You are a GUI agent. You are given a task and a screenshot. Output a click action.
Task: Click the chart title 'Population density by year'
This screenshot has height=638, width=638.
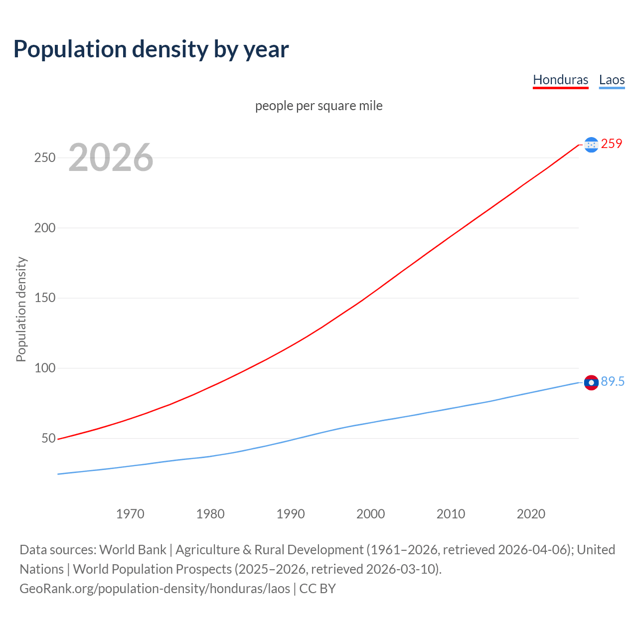tap(151, 49)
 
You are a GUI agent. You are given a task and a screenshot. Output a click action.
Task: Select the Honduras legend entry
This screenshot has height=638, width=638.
tap(560, 80)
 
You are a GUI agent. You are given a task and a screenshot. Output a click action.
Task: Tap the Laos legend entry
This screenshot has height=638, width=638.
tap(612, 80)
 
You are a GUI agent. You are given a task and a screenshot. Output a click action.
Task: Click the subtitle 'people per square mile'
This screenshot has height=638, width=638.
tap(319, 106)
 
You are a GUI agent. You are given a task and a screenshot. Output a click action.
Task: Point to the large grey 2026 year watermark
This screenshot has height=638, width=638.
tap(111, 158)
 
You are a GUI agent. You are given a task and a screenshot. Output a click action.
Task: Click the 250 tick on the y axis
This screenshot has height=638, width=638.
tap(44, 158)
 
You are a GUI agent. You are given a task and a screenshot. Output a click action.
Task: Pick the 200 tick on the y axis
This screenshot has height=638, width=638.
tap(44, 228)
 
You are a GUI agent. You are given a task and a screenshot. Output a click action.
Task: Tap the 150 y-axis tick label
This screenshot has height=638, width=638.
tap(44, 298)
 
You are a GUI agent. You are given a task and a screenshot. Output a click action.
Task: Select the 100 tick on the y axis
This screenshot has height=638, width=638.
tap(44, 368)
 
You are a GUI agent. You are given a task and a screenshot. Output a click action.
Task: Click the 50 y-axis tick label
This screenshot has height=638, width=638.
tap(48, 439)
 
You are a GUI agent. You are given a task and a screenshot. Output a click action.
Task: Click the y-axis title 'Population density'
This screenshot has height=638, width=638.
tap(21, 309)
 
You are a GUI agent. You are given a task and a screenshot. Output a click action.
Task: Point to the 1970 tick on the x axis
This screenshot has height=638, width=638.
tap(130, 514)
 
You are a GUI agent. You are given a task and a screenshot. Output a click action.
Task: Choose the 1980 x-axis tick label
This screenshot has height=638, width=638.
tap(210, 514)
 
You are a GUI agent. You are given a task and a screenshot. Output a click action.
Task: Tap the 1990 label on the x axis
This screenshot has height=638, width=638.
tap(291, 514)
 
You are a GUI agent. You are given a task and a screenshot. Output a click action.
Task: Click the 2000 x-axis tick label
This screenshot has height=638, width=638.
tap(370, 514)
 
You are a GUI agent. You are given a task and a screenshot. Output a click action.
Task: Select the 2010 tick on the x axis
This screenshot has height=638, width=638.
tap(451, 514)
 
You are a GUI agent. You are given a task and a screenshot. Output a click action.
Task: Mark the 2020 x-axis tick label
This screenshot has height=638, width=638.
tap(531, 514)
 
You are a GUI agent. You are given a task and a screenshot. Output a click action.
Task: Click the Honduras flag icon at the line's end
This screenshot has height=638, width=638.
tap(591, 145)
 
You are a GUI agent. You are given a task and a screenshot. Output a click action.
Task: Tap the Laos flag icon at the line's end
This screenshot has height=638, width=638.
tap(591, 382)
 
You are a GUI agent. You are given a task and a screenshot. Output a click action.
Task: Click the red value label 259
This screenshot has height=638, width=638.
tap(612, 144)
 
